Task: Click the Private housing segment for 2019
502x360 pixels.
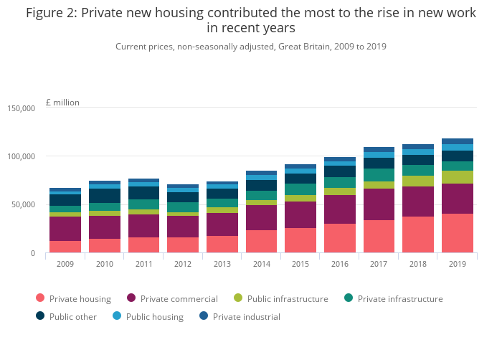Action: pos(457,233)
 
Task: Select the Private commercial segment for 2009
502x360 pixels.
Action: pos(65,229)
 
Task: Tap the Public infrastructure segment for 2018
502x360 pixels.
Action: pos(417,181)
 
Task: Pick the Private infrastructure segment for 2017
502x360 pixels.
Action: pos(379,175)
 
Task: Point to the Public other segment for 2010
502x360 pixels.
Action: pos(105,196)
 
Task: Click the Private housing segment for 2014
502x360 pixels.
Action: pos(261,242)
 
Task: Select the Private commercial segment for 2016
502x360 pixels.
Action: pos(339,209)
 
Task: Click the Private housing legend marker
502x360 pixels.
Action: pos(39,299)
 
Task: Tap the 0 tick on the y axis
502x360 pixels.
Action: pos(32,253)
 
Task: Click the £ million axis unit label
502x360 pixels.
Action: pos(62,103)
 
